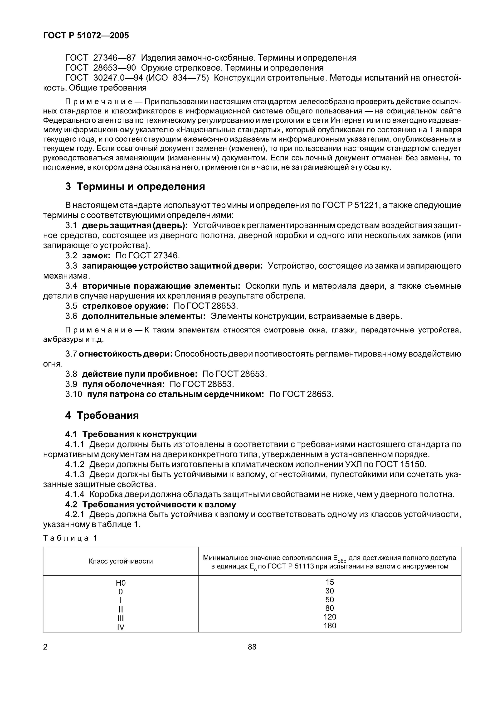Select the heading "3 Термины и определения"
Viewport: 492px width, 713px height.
[135, 186]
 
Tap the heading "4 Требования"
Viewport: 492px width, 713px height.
[102, 415]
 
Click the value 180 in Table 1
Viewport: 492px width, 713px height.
[330, 626]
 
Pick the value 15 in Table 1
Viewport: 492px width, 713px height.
[330, 582]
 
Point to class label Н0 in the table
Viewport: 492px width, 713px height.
[121, 583]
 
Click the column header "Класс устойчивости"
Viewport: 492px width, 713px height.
[121, 561]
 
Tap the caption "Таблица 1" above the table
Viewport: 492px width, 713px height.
[70, 538]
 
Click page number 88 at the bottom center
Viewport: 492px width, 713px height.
[252, 647]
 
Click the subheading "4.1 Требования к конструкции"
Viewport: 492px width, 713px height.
[131, 434]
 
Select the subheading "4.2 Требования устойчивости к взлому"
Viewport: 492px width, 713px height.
[151, 504]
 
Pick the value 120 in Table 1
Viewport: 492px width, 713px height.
[330, 617]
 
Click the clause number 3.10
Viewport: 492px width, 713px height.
[74, 394]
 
